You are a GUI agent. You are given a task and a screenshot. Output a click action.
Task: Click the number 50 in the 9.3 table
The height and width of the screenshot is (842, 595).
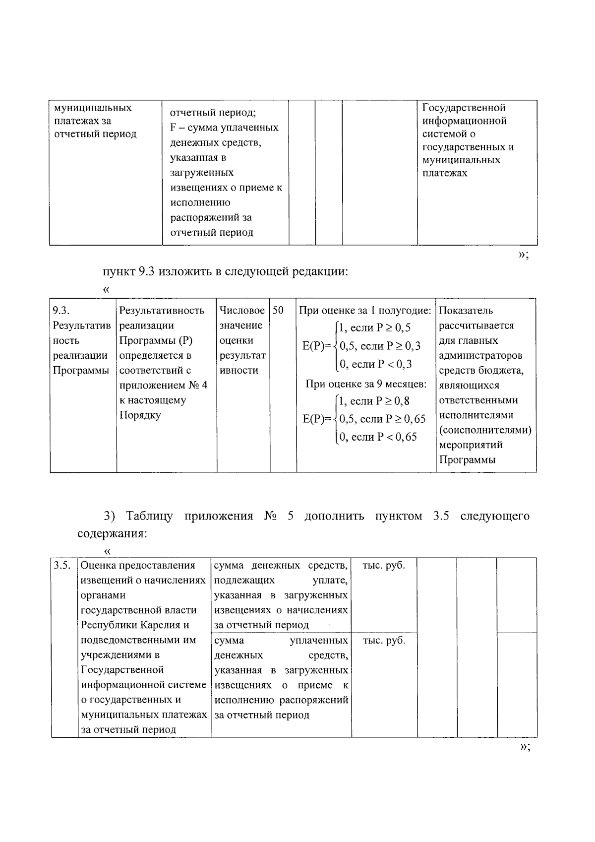(278, 311)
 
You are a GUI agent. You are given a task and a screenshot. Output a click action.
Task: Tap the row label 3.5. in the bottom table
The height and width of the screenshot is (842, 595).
(62, 565)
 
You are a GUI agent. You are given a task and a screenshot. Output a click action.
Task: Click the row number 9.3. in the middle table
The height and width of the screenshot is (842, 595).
(61, 311)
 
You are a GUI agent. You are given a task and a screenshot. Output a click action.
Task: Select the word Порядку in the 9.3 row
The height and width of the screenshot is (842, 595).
(140, 415)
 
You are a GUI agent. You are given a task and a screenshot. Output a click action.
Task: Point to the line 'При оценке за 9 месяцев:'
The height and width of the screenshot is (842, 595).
(365, 384)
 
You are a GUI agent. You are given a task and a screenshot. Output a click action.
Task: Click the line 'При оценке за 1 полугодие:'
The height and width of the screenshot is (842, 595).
(364, 311)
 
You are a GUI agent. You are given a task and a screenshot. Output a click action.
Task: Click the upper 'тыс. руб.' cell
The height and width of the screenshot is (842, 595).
(384, 565)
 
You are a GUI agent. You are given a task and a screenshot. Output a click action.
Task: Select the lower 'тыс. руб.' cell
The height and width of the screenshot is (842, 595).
(384, 640)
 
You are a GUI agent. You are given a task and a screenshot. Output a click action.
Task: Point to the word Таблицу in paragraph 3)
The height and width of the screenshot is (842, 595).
(149, 516)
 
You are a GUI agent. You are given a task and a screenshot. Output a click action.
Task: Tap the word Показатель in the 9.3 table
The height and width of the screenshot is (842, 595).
(466, 311)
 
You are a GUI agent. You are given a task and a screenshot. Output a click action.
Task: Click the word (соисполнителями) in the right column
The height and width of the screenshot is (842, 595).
(485, 430)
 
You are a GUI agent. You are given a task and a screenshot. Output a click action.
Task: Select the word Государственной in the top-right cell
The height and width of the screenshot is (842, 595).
(464, 108)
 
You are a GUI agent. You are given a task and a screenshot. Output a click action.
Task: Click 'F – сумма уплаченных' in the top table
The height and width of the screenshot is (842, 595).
(224, 128)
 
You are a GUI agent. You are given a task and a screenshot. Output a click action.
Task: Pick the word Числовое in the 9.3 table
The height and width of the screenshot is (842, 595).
(242, 311)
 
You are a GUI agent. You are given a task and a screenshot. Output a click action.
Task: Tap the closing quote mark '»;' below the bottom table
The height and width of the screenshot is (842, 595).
(524, 748)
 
